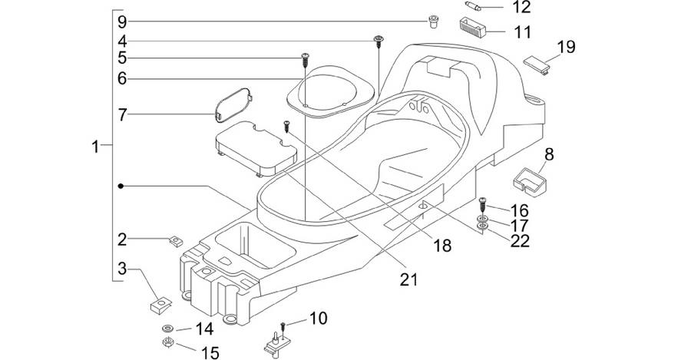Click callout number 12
tap(521, 7)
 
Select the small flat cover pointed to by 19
tap(537, 64)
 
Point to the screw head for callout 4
tap(378, 40)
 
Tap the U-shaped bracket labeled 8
tap(529, 181)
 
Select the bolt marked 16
tap(482, 205)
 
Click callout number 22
tap(520, 241)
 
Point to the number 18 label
tap(442, 245)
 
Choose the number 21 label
tap(408, 279)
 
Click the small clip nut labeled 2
tap(176, 241)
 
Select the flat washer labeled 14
tap(167, 329)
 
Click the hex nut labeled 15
tap(167, 342)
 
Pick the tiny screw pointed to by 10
tap(283, 326)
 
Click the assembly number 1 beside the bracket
tap(95, 147)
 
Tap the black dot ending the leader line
tap(121, 187)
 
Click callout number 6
tap(122, 78)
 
